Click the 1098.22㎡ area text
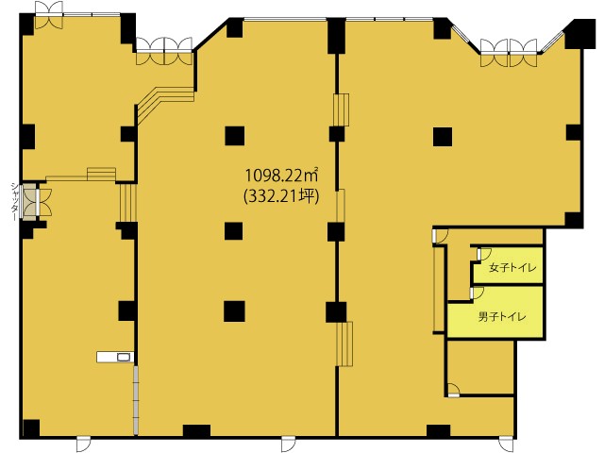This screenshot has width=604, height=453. pos(281,176)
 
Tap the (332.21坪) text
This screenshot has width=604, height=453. pos(281,196)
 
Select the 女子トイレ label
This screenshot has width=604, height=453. pos(512,267)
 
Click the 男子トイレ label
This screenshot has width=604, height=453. pos(502,317)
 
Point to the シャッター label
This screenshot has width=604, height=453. pos(15,201)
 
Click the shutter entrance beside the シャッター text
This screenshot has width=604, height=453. pos(29,201)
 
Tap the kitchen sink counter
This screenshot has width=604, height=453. pos(115,357)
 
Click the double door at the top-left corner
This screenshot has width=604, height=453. pos(48,15)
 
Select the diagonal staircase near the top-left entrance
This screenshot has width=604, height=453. pos(166,102)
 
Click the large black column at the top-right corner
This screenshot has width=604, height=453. pos(580,33)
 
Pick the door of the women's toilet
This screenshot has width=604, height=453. pos(483,254)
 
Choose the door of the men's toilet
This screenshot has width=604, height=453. pos(477,294)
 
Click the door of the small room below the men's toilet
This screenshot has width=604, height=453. pos(454,390)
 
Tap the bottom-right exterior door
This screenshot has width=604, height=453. pos(506,444)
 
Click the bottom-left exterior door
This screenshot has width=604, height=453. pos(83,444)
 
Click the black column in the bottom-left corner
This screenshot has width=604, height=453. pos(31,428)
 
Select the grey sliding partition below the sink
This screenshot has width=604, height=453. pos(136,399)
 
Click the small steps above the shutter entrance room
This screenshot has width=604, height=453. pos(101,174)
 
